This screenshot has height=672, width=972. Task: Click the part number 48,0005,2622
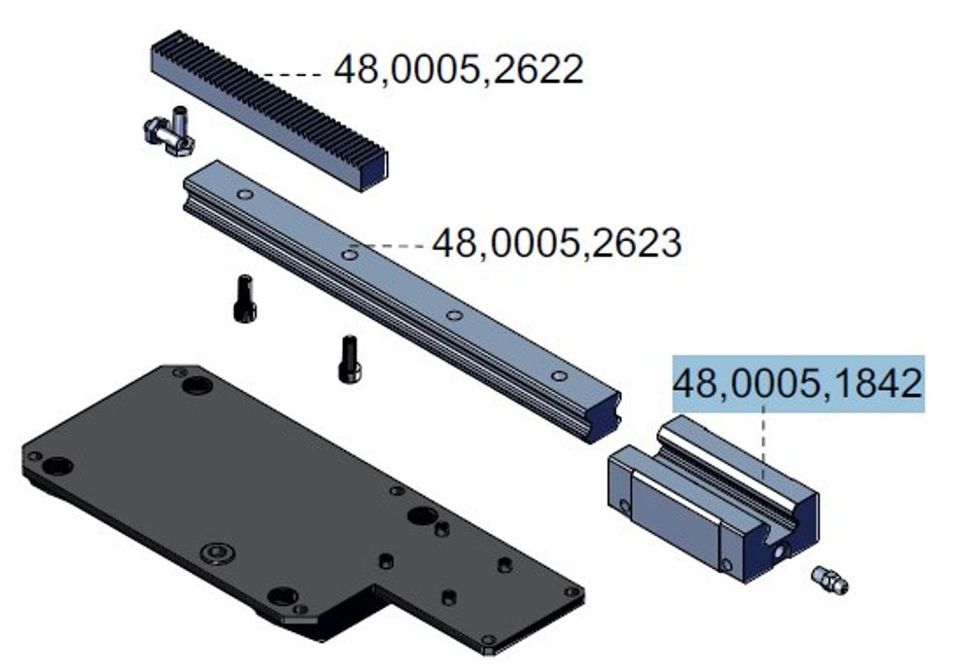pyautogui.click(x=459, y=69)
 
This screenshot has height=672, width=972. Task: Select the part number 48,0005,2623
pyautogui.click(x=557, y=242)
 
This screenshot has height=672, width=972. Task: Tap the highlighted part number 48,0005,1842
pyautogui.click(x=798, y=383)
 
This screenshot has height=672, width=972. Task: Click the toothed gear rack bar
pyautogui.click(x=269, y=111)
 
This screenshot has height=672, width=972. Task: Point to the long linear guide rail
pyautogui.click(x=401, y=301)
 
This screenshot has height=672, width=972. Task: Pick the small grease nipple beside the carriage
pyautogui.click(x=830, y=580)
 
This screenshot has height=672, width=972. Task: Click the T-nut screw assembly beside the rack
pyautogui.click(x=169, y=131)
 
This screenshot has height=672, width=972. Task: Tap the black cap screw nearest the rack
pyautogui.click(x=245, y=300)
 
